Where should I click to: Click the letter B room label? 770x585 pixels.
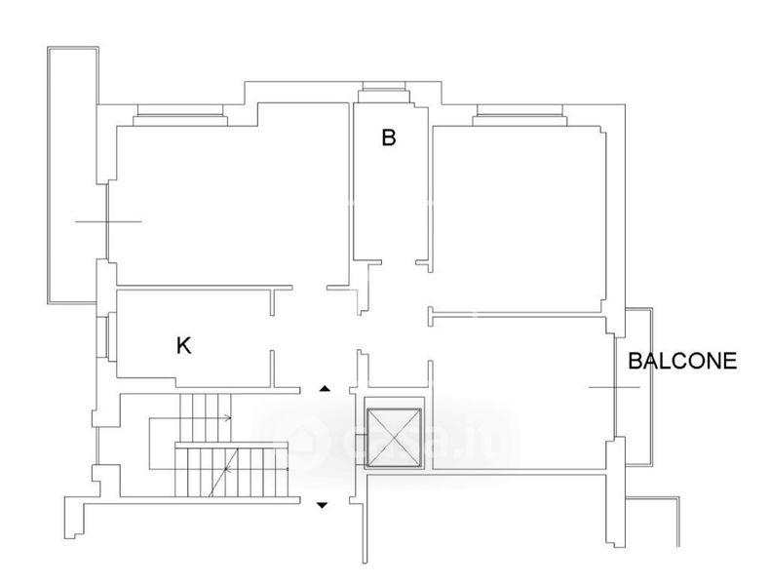pyautogui.click(x=388, y=138)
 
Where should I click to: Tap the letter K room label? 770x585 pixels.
pyautogui.click(x=183, y=345)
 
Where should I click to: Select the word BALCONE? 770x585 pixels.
pyautogui.click(x=681, y=361)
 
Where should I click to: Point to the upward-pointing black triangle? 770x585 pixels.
pyautogui.click(x=325, y=389)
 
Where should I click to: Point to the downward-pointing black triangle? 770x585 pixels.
pyautogui.click(x=324, y=504)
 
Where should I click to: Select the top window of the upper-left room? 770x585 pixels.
pyautogui.click(x=181, y=115)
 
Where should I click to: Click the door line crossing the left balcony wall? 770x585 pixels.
pyautogui.click(x=107, y=221)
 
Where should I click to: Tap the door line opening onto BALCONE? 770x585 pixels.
pyautogui.click(x=614, y=387)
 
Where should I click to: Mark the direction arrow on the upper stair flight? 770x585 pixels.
pyautogui.click(x=228, y=418)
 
